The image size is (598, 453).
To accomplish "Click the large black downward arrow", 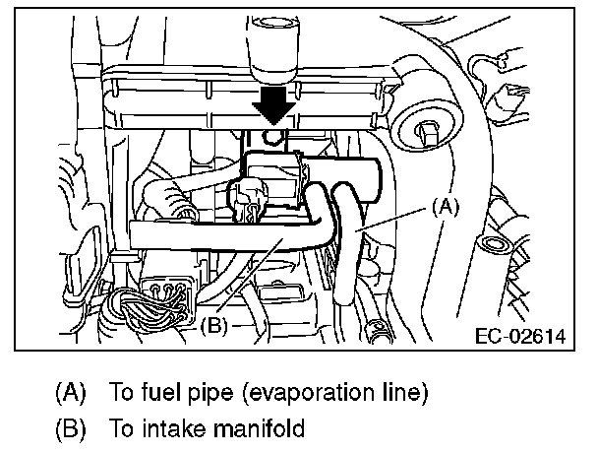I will pyautogui.click(x=272, y=103).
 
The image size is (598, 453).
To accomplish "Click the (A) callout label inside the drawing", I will pyautogui.click(x=446, y=208).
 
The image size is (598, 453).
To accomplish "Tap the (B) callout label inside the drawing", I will pyautogui.click(x=214, y=325).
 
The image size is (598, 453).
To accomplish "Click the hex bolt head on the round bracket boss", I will pyautogui.click(x=429, y=127).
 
